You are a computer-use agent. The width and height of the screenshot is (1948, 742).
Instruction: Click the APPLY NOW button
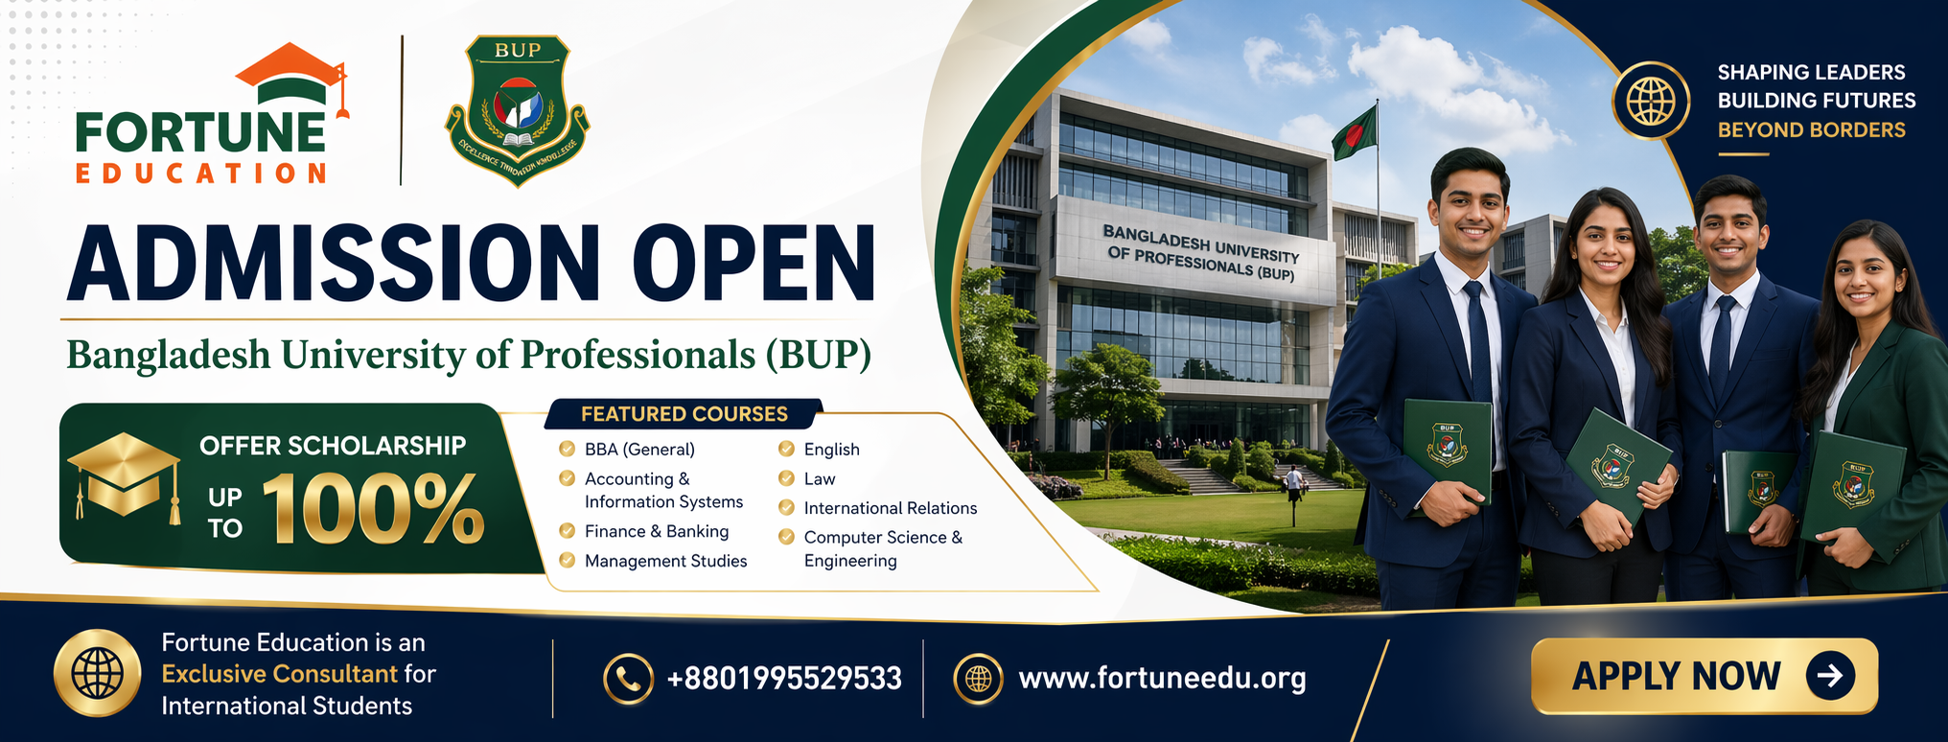coord(1704,676)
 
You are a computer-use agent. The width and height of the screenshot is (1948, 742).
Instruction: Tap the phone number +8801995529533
coord(784,679)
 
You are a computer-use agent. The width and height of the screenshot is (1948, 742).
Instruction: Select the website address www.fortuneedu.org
coord(1162,679)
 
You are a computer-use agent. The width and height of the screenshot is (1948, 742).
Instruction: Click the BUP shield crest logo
coord(518,110)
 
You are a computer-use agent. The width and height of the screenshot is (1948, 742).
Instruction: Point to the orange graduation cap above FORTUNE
coord(291,75)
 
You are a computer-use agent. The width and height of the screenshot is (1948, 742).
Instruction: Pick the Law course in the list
coord(820,478)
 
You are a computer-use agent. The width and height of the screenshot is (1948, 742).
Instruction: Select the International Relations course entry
coord(891,508)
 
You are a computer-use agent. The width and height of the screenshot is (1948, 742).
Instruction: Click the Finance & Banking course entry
coord(657,531)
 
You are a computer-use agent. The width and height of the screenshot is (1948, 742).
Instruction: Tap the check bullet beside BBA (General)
coord(567,449)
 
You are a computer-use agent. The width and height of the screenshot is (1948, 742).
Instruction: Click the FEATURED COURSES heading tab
coord(684,414)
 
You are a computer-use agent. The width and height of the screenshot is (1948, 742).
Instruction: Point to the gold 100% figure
coord(373,509)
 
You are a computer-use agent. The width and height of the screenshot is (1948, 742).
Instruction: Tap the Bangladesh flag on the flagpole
coord(1356,131)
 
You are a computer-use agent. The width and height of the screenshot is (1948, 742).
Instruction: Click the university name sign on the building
coord(1200,252)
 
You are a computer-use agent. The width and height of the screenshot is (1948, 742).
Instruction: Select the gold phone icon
coord(628,679)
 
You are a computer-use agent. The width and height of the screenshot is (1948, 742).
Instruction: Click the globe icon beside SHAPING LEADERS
coord(1650,101)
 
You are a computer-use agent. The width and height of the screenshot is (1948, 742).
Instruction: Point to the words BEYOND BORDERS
coord(1811,129)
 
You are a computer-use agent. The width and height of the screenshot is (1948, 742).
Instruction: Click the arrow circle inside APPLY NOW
coord(1830,676)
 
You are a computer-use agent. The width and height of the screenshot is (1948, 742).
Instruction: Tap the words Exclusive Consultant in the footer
coord(279,674)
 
